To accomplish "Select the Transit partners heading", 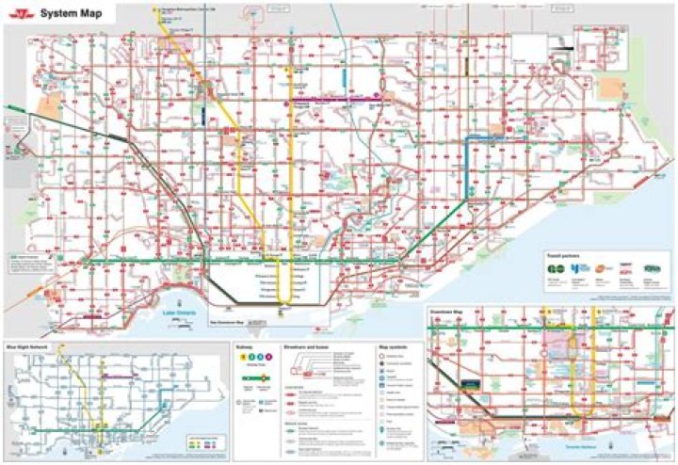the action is tap(562, 255).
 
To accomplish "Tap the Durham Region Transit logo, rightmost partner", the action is tap(652, 269).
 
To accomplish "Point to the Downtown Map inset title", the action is tap(447, 313).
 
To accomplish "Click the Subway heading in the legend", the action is tap(244, 345).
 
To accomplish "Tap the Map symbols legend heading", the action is tap(394, 345).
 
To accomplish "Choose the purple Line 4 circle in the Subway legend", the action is tap(268, 357).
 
